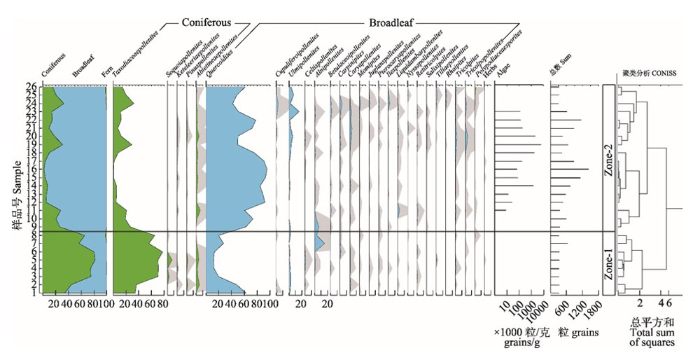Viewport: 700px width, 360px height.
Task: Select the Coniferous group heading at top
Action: (206, 22)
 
